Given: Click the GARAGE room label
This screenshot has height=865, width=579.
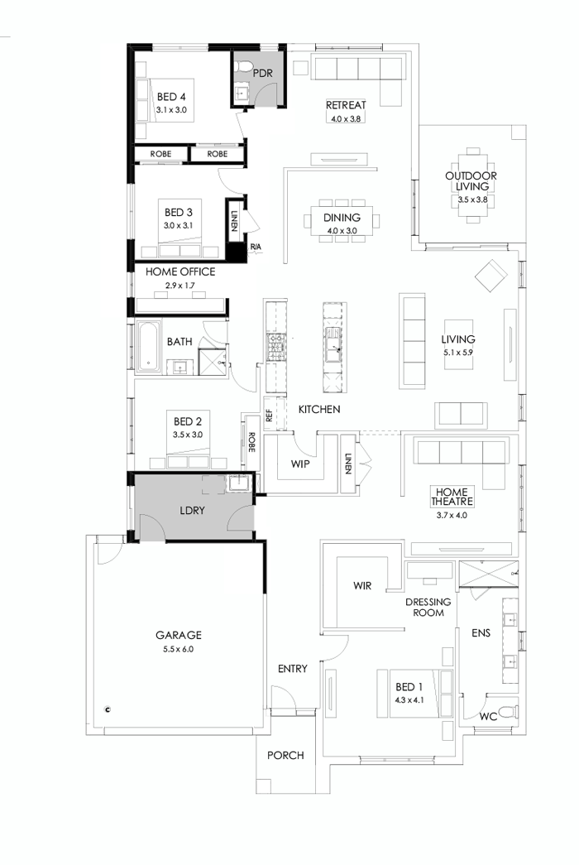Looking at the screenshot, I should click(x=179, y=635).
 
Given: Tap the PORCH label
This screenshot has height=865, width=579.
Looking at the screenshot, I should click(x=285, y=755).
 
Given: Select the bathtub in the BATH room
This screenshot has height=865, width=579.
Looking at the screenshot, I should click(x=148, y=347).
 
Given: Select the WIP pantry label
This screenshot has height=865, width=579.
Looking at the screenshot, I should click(x=300, y=464).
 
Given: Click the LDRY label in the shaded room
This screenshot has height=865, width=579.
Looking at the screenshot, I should click(x=192, y=511).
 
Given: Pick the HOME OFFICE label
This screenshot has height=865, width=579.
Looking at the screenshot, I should click(x=180, y=272).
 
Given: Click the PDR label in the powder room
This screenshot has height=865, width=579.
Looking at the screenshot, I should click(x=263, y=72).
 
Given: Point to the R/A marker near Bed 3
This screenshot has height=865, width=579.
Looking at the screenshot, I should click(x=256, y=247).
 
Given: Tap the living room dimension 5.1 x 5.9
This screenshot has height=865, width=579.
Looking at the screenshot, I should click(x=458, y=352).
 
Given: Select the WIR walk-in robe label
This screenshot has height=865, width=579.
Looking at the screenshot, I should click(x=362, y=585).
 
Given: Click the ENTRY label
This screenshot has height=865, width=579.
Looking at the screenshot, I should click(x=293, y=668).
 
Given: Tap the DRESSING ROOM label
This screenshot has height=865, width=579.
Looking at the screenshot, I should click(x=428, y=607).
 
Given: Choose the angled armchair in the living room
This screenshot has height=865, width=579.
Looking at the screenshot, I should click(x=490, y=275).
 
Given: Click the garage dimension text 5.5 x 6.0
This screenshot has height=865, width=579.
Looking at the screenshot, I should click(x=179, y=649).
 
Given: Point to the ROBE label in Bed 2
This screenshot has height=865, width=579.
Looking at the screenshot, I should click(x=251, y=443).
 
